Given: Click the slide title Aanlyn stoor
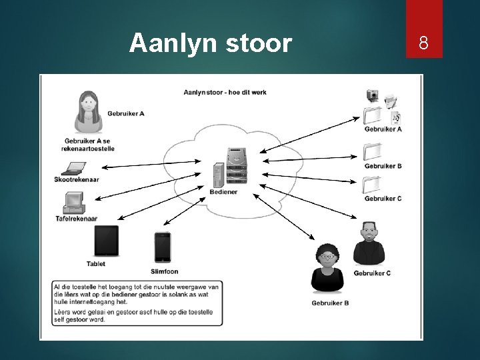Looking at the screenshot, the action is (211, 43).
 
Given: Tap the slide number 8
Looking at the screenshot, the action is (423, 45).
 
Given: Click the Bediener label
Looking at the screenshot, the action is (223, 192).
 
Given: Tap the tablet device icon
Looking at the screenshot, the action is (106, 241).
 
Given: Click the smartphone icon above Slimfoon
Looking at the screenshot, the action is (162, 247).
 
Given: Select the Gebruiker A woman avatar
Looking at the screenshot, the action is (88, 111).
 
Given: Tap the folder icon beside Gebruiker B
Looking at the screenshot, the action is (372, 152).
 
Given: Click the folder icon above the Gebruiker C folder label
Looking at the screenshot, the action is (372, 184).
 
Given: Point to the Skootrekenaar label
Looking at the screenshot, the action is (77, 180).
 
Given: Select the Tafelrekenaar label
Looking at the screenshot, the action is (77, 219).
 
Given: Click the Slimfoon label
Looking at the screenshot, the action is (164, 271).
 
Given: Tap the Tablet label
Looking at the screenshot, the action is (96, 264).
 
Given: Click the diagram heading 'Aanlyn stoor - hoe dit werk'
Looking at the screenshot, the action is (225, 92).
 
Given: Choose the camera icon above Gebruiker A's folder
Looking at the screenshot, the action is (373, 95).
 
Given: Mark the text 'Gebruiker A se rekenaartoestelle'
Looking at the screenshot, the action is (87, 145).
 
